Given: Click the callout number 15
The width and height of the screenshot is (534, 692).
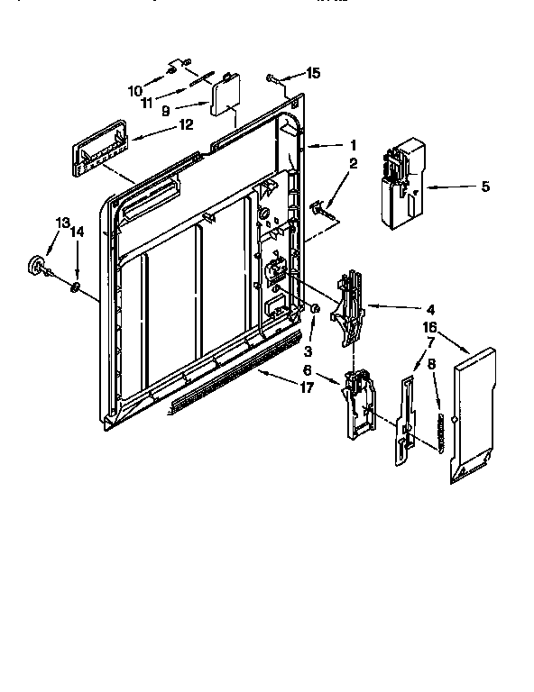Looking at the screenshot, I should point(313,73).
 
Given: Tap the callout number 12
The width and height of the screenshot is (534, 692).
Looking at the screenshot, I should point(184,125).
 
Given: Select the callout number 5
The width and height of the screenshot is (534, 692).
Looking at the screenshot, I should point(485,187).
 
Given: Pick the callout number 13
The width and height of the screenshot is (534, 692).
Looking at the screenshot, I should point(61,222).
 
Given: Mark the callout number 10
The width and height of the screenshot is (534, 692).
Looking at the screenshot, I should point(135,90).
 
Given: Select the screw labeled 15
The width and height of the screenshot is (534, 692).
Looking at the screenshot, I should point(272,80).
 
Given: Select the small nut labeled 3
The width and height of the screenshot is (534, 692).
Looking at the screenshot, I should point(315,310).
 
